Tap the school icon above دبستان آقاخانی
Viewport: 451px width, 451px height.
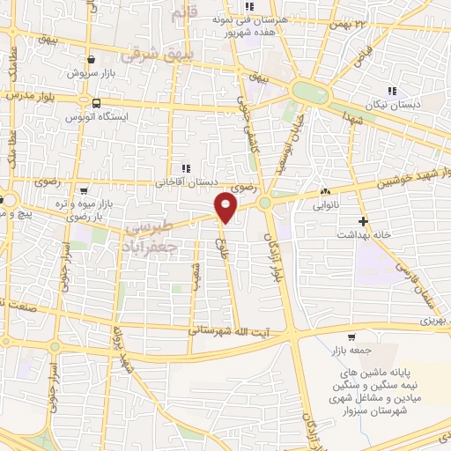tap(185, 169)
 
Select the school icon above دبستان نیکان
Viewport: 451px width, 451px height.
tap(392, 90)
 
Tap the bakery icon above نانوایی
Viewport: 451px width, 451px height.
tap(326, 192)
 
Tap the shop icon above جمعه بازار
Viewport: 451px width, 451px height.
tap(351, 337)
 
